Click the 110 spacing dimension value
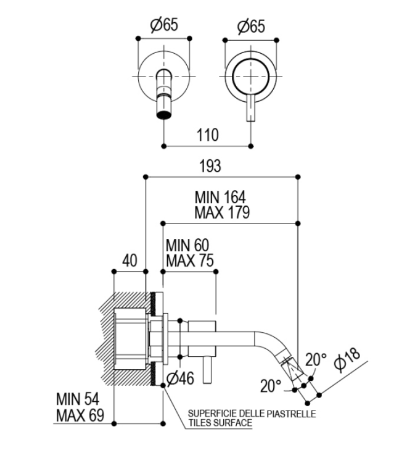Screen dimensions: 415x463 [208, 135]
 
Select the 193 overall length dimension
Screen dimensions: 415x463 [210, 166]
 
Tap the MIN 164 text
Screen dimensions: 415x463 [220, 197]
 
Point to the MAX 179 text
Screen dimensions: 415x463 [222, 212]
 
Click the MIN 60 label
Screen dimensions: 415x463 [187, 245]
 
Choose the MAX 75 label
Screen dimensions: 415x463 [190, 261]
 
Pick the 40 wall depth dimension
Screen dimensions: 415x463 [129, 261]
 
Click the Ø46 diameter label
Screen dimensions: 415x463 [180, 378]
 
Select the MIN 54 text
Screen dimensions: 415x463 [78, 399]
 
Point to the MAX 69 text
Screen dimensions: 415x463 [80, 415]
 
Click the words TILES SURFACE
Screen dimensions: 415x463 [220, 423]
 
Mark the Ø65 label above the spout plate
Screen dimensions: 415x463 [164, 25]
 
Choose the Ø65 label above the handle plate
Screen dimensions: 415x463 [251, 26]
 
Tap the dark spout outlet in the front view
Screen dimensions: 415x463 [164, 114]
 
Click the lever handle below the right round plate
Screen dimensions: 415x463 [251, 109]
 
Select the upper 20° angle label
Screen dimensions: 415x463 [316, 359]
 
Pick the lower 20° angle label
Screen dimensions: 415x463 [271, 386]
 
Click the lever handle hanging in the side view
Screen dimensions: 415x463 [207, 370]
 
